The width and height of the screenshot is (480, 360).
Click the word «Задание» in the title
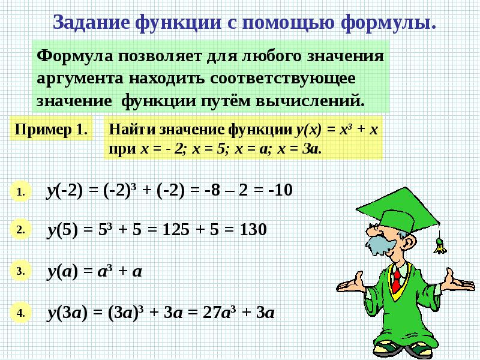click(x=92, y=22)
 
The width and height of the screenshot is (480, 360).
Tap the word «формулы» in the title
click(x=385, y=23)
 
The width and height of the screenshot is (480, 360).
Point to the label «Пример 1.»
click(x=51, y=129)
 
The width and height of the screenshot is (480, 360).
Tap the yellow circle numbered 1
click(x=20, y=191)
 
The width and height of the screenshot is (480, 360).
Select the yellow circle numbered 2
click(x=20, y=230)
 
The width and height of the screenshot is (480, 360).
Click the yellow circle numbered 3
click(x=20, y=271)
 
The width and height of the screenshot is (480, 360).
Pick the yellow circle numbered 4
click(x=20, y=313)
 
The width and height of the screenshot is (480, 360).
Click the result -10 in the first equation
click(x=280, y=190)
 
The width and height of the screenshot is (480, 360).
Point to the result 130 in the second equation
click(x=253, y=230)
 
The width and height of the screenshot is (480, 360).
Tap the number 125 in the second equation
click(x=176, y=230)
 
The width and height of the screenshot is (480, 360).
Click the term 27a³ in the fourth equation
click(x=219, y=313)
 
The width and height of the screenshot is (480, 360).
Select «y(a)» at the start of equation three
click(x=62, y=272)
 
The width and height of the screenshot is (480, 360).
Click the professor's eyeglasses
click(x=374, y=227)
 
